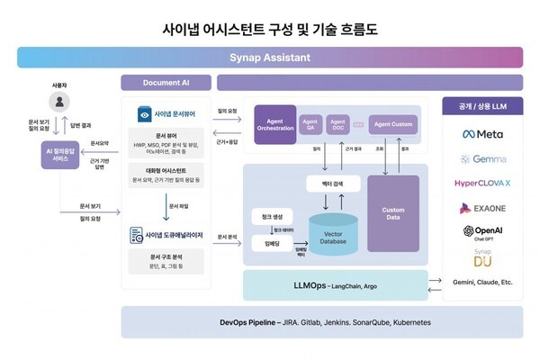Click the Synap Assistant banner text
pyautogui.click(x=270, y=58)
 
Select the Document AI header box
pyautogui.click(x=166, y=83)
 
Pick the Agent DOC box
pyautogui.click(x=337, y=124)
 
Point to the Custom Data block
pyautogui.click(x=392, y=213)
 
